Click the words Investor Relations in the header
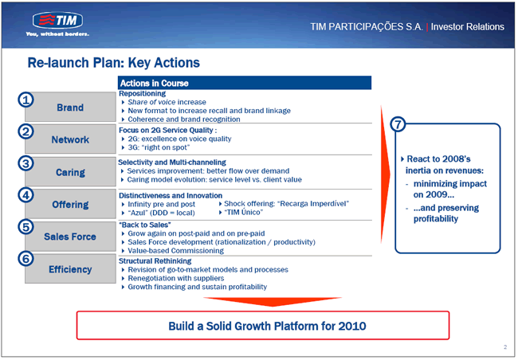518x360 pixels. pyautogui.click(x=468, y=27)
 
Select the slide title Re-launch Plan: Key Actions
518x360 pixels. pyautogui.click(x=114, y=63)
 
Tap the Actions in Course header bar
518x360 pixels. pyautogui.click(x=245, y=83)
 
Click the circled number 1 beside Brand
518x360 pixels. pyautogui.click(x=26, y=100)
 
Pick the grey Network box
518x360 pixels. pyautogui.click(x=70, y=139)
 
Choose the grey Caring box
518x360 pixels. pyautogui.click(x=70, y=172)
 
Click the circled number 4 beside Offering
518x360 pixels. pyautogui.click(x=26, y=195)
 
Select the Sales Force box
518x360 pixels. pyautogui.click(x=70, y=237)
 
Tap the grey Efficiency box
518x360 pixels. pyautogui.click(x=70, y=269)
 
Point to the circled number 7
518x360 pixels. pyautogui.click(x=398, y=124)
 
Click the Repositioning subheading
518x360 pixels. pyautogui.click(x=143, y=93)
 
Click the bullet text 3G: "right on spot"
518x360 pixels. pyautogui.click(x=159, y=147)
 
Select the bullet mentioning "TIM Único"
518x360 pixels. pyautogui.click(x=244, y=213)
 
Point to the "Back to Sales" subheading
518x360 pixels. pyautogui.click(x=145, y=225)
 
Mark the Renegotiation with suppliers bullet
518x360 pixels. pyautogui.click(x=176, y=278)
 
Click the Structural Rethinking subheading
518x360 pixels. pyautogui.click(x=155, y=261)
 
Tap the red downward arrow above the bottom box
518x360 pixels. pyautogui.click(x=273, y=302)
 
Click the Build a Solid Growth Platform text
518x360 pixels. pyautogui.click(x=267, y=326)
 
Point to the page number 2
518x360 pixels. pyautogui.click(x=505, y=346)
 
